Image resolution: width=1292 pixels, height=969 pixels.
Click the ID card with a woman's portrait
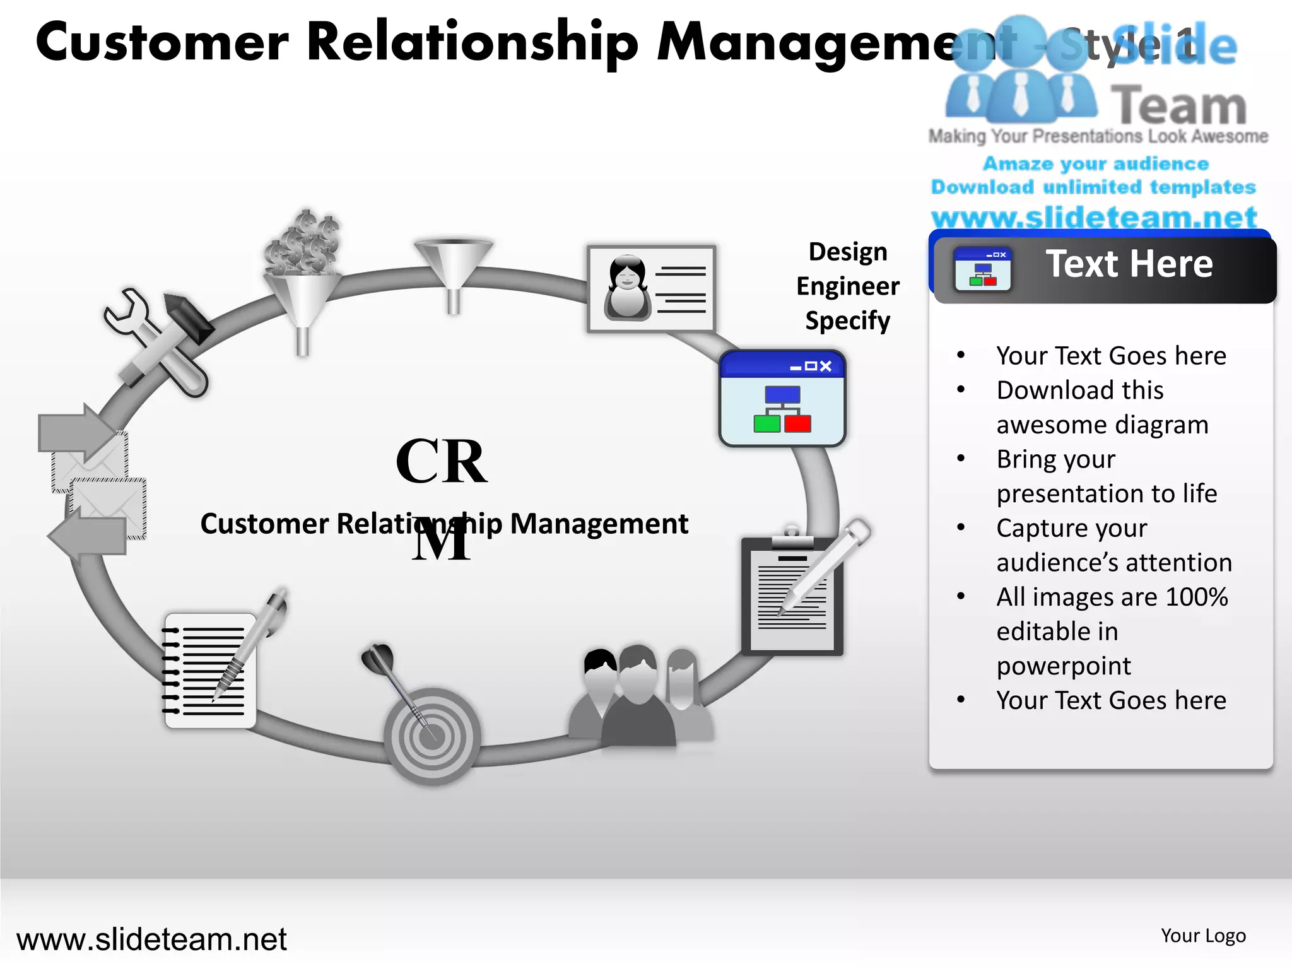(651, 289)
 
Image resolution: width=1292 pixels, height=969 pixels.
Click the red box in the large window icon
(797, 423)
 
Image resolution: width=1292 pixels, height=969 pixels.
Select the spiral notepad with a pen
(211, 669)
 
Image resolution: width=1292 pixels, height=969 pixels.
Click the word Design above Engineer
(848, 252)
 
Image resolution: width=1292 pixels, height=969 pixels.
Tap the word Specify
(848, 320)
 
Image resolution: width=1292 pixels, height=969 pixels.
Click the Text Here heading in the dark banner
(1129, 264)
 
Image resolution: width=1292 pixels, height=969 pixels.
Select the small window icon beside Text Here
(982, 269)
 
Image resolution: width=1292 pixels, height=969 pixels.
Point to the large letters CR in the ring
(442, 462)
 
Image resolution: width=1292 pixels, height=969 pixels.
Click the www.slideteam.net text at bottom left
(151, 939)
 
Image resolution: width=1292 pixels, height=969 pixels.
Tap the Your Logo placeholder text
(1203, 936)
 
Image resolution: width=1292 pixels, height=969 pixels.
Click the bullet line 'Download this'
(1080, 391)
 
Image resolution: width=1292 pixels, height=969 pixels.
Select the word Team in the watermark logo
(1178, 106)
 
